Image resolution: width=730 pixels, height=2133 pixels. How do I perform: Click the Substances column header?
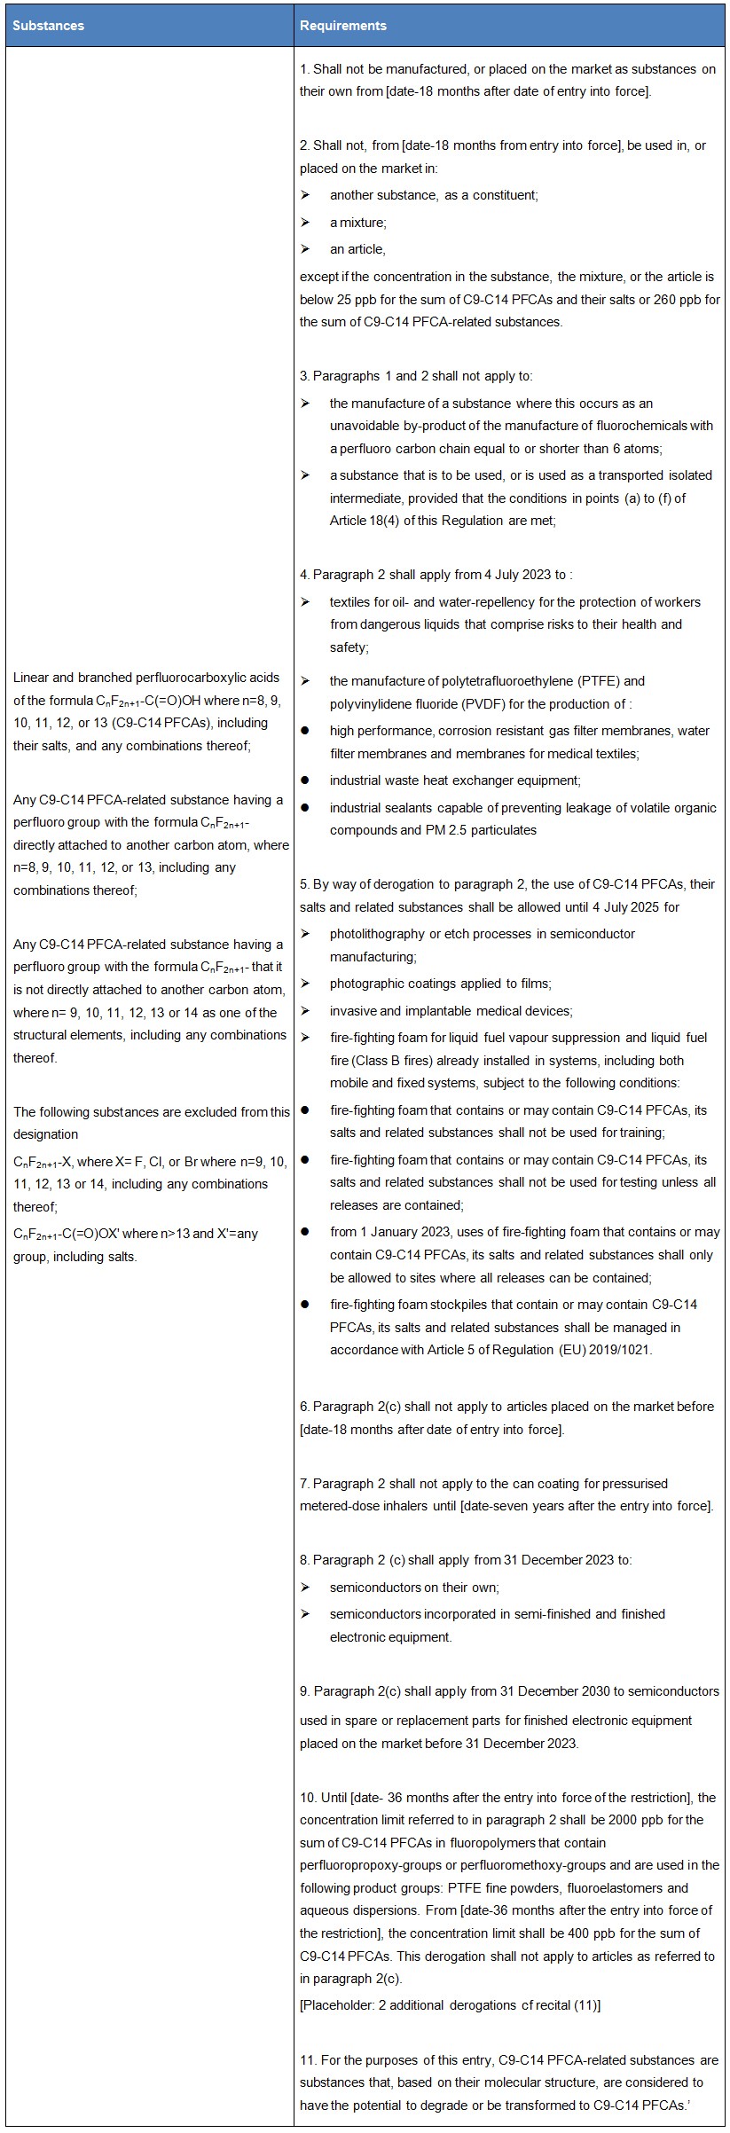pyautogui.click(x=49, y=26)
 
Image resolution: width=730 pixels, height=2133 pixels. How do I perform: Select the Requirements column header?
pyautogui.click(x=342, y=26)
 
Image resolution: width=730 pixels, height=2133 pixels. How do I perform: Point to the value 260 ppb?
pyautogui.click(x=674, y=299)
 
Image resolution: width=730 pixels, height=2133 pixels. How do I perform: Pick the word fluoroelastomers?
pyautogui.click(x=617, y=1888)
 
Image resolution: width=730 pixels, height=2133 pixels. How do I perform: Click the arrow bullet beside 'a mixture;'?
pyautogui.click(x=305, y=222)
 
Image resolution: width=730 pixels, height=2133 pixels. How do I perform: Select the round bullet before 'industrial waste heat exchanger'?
pyautogui.click(x=305, y=780)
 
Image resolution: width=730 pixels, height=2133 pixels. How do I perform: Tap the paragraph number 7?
pyautogui.click(x=304, y=1483)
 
